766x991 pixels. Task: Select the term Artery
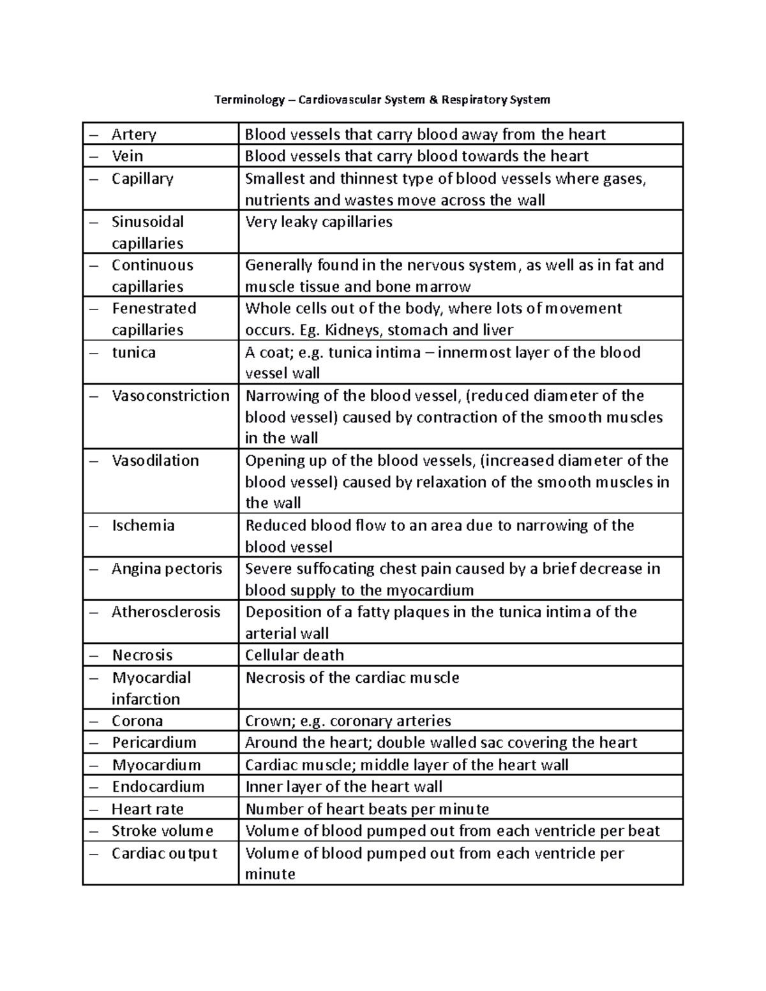[x=133, y=134]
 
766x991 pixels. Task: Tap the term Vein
[x=127, y=156]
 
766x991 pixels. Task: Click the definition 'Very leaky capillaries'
[x=319, y=221]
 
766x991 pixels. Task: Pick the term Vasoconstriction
[x=170, y=396]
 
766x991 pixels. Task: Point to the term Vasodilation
[x=155, y=460]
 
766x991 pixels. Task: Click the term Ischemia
[x=143, y=525]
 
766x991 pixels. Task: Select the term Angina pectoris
[x=167, y=569]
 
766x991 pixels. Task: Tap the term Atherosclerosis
[x=166, y=612]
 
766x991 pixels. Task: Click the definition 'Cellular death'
[x=294, y=655]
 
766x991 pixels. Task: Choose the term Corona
[x=137, y=720]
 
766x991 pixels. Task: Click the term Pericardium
[x=154, y=742]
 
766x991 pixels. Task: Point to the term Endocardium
[x=158, y=786]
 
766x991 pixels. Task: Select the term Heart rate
[x=147, y=808]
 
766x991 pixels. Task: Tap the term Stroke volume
[x=162, y=830]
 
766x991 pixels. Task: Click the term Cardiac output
[x=164, y=853]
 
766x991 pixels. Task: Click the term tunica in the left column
[x=133, y=352]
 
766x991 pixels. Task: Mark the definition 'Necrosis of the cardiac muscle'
[x=352, y=677]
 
